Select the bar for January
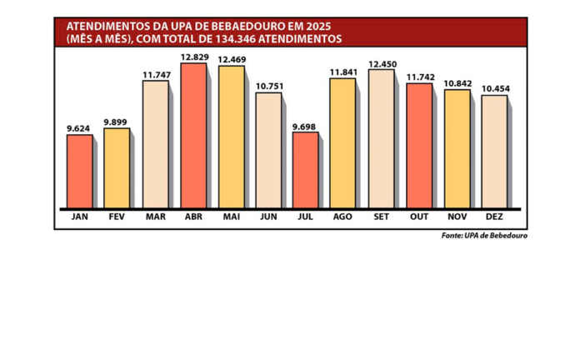point(80,171)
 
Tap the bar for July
point(305,169)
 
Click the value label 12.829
point(193,57)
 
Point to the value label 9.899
point(117,122)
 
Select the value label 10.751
point(268,86)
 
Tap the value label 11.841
point(343,72)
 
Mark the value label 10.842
point(457,83)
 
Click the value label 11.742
point(419,76)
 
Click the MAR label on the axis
point(155,217)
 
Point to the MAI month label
point(231,217)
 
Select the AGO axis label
point(343,217)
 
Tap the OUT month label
point(419,217)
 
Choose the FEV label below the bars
point(117,217)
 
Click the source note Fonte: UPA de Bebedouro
point(484,237)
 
